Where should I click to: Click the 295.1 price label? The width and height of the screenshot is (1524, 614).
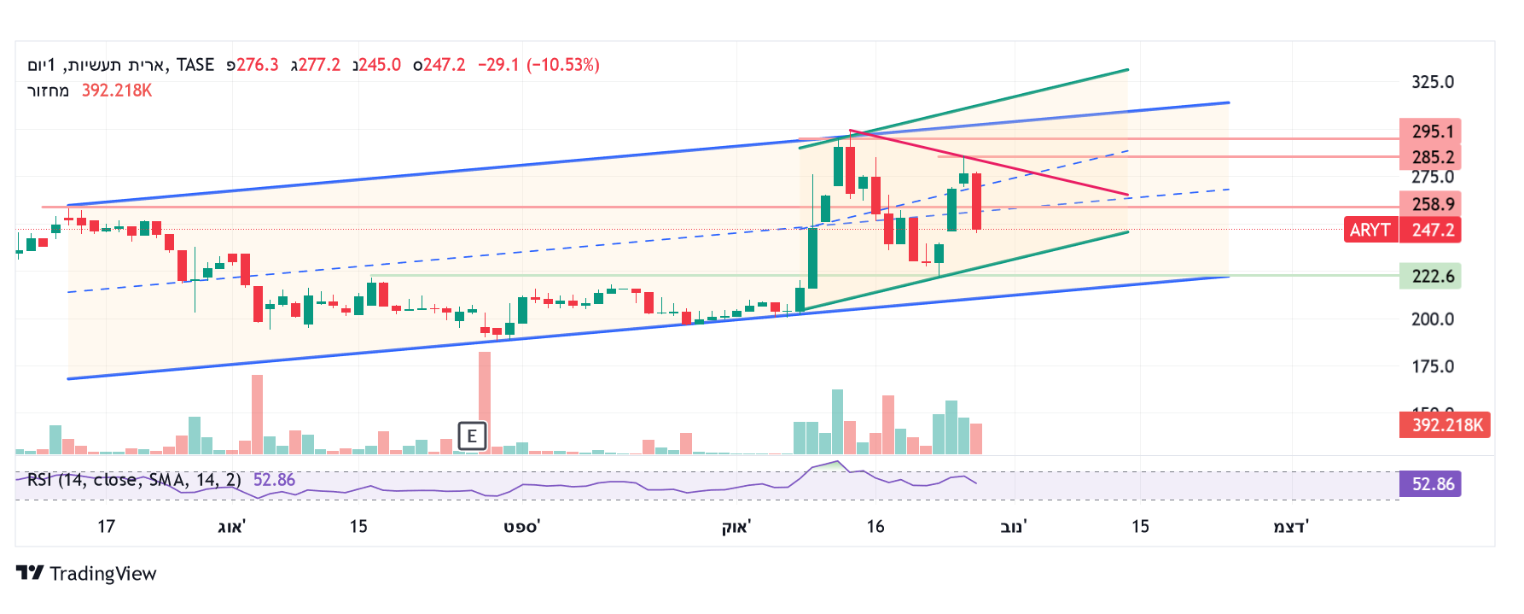click(1431, 132)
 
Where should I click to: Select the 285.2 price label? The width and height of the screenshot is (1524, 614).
click(1431, 157)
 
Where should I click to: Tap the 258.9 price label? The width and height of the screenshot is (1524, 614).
click(1431, 204)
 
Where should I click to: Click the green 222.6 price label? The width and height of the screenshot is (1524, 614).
click(1431, 276)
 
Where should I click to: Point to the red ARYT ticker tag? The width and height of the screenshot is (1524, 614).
click(1370, 230)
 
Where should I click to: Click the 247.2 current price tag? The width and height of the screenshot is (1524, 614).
click(1431, 230)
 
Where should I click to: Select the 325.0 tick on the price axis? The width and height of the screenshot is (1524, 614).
click(1432, 82)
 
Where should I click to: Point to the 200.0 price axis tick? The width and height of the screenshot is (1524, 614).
click(1432, 319)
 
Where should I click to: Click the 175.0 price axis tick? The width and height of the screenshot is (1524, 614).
click(1432, 366)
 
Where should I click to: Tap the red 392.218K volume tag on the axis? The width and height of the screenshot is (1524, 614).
click(1445, 424)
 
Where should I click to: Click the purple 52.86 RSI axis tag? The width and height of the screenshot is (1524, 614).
click(1431, 484)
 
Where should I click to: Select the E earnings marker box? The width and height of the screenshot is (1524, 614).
click(472, 436)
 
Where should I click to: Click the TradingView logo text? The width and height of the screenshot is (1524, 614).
click(102, 574)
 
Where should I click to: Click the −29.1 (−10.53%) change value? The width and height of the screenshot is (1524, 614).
click(538, 65)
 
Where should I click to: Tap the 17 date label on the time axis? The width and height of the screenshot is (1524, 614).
click(106, 526)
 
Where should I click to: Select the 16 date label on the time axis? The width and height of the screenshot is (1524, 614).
click(875, 526)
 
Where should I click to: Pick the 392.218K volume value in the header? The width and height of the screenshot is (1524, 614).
click(117, 91)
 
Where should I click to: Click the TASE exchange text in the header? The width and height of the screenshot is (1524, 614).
click(195, 65)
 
